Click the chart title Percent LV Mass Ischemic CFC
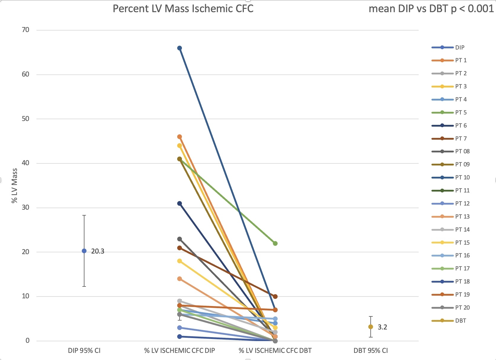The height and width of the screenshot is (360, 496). click(183, 9)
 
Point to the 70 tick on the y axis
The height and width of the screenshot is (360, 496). click(26, 30)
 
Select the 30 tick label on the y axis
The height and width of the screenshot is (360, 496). click(26, 207)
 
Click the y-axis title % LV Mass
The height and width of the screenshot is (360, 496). click(14, 186)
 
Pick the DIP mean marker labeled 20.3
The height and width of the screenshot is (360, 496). click(84, 251)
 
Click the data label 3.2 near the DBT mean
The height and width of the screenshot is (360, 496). click(382, 327)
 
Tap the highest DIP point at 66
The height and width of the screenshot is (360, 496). click(180, 48)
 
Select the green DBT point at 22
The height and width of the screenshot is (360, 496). click(275, 243)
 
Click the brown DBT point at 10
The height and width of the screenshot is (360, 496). click(275, 297)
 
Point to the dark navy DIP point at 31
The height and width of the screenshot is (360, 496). click(180, 203)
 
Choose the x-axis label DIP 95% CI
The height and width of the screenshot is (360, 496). click(84, 351)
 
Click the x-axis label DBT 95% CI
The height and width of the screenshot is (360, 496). click(370, 351)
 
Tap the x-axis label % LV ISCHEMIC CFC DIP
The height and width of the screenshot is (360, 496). click(180, 351)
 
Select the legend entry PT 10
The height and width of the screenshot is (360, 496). click(462, 177)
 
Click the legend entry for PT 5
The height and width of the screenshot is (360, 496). click(461, 112)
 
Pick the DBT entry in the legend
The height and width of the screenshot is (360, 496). click(460, 321)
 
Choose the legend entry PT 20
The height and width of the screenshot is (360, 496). click(462, 308)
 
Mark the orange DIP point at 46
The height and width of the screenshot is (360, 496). click(180, 137)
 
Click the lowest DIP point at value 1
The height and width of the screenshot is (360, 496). click(180, 337)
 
